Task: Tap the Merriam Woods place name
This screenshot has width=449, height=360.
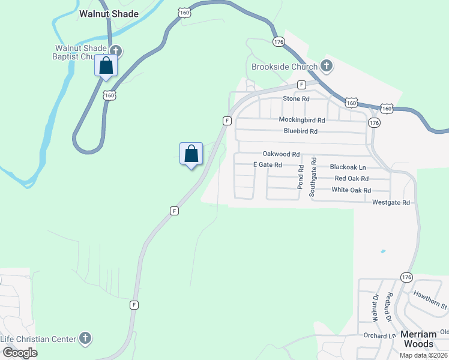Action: (418, 339)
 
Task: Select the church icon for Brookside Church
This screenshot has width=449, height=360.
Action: (327, 65)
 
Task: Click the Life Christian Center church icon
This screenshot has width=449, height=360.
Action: (85, 338)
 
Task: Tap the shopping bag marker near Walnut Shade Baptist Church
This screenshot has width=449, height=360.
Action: (106, 65)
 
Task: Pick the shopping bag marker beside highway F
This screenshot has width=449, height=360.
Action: (191, 154)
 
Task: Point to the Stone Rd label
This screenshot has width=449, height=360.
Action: (296, 98)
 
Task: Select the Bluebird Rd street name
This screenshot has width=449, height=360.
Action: (300, 131)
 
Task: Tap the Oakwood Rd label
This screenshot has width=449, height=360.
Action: (281, 154)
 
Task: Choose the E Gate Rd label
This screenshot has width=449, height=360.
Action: (267, 164)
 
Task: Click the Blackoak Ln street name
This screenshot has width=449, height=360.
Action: (348, 167)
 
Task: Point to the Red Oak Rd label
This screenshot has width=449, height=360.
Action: (351, 178)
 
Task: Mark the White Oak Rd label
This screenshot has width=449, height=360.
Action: (351, 190)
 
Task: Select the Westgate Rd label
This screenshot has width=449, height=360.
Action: (391, 203)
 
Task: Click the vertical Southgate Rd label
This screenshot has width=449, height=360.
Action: (312, 178)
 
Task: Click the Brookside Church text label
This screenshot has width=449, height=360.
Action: (284, 67)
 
